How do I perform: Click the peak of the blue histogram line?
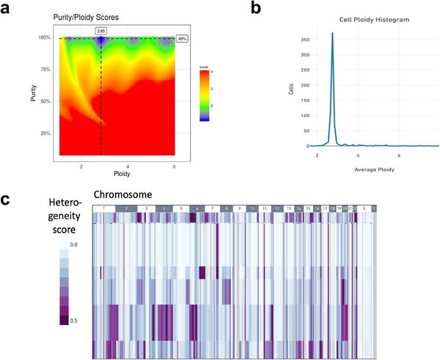click(332, 33)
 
